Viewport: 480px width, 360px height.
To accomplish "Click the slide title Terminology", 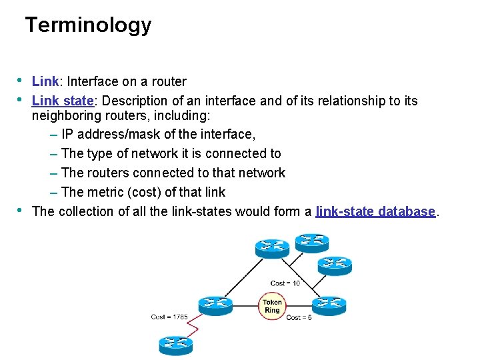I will point(88,25).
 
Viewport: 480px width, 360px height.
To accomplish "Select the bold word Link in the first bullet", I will point(45,82).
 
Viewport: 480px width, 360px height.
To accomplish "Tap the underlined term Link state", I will point(62,101).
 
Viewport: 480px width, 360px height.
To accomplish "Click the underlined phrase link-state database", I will point(375,212).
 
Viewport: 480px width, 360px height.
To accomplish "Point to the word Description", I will point(137,101).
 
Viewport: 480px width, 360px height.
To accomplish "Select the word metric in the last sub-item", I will point(105,193).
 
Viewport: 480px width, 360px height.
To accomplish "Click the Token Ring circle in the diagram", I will point(272,306).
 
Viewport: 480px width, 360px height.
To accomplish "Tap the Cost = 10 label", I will point(285,283).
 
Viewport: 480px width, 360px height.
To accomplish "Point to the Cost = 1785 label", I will point(169,317).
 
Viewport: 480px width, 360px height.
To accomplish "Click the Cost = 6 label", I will point(299,318).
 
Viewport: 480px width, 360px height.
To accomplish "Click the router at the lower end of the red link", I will point(175,344).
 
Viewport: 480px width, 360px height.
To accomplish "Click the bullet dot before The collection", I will point(20,211).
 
